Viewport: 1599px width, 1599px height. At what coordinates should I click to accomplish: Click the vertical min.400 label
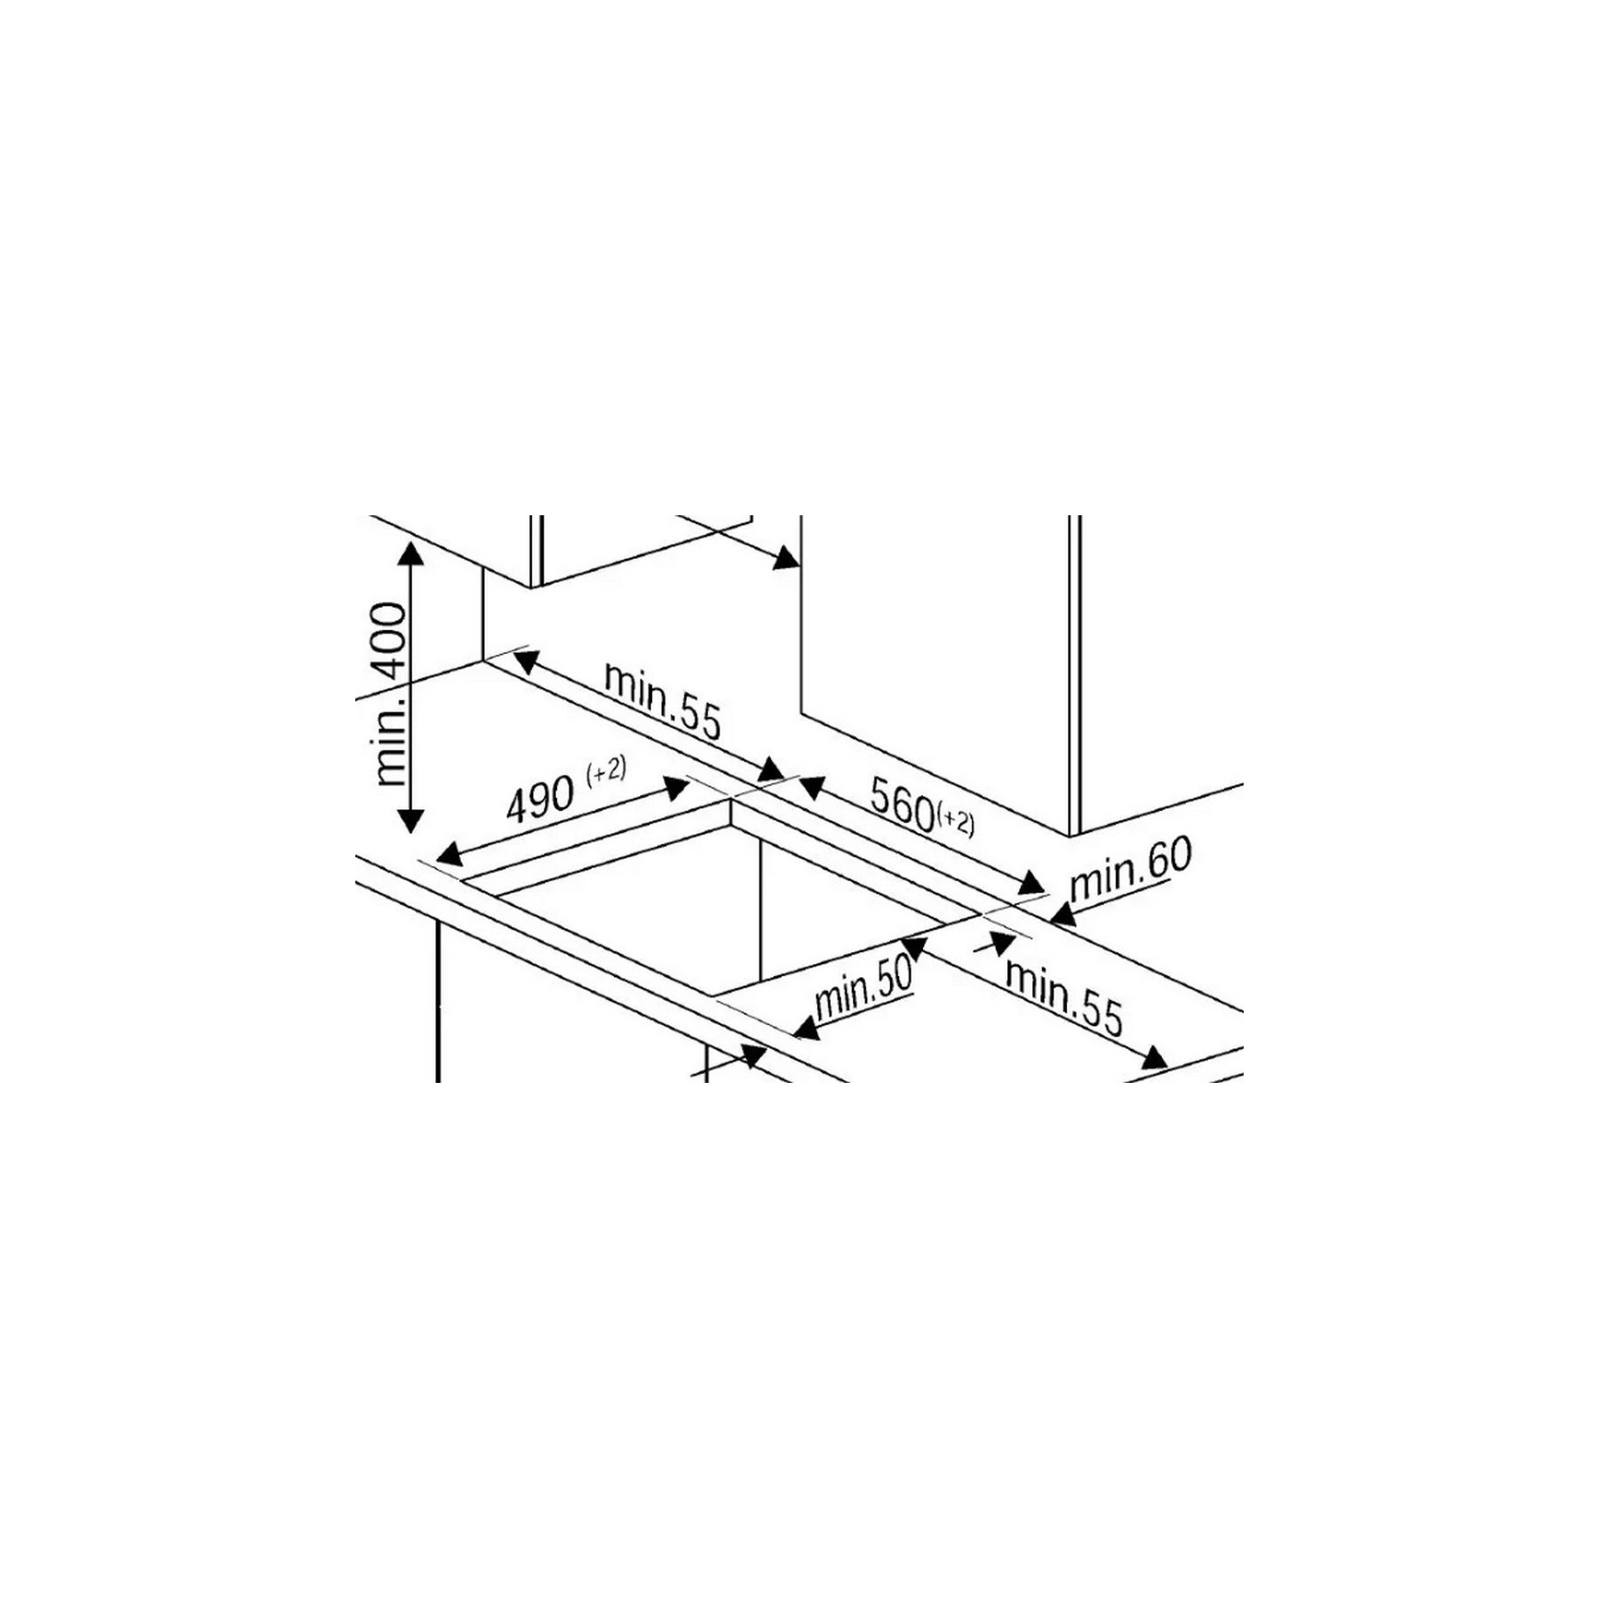391,694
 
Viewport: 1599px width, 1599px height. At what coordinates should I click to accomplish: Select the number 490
539,798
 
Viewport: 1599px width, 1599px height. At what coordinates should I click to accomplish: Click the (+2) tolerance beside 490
606,770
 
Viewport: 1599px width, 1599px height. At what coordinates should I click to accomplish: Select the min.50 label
863,986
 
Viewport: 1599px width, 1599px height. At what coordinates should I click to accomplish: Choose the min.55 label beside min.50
1064,997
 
